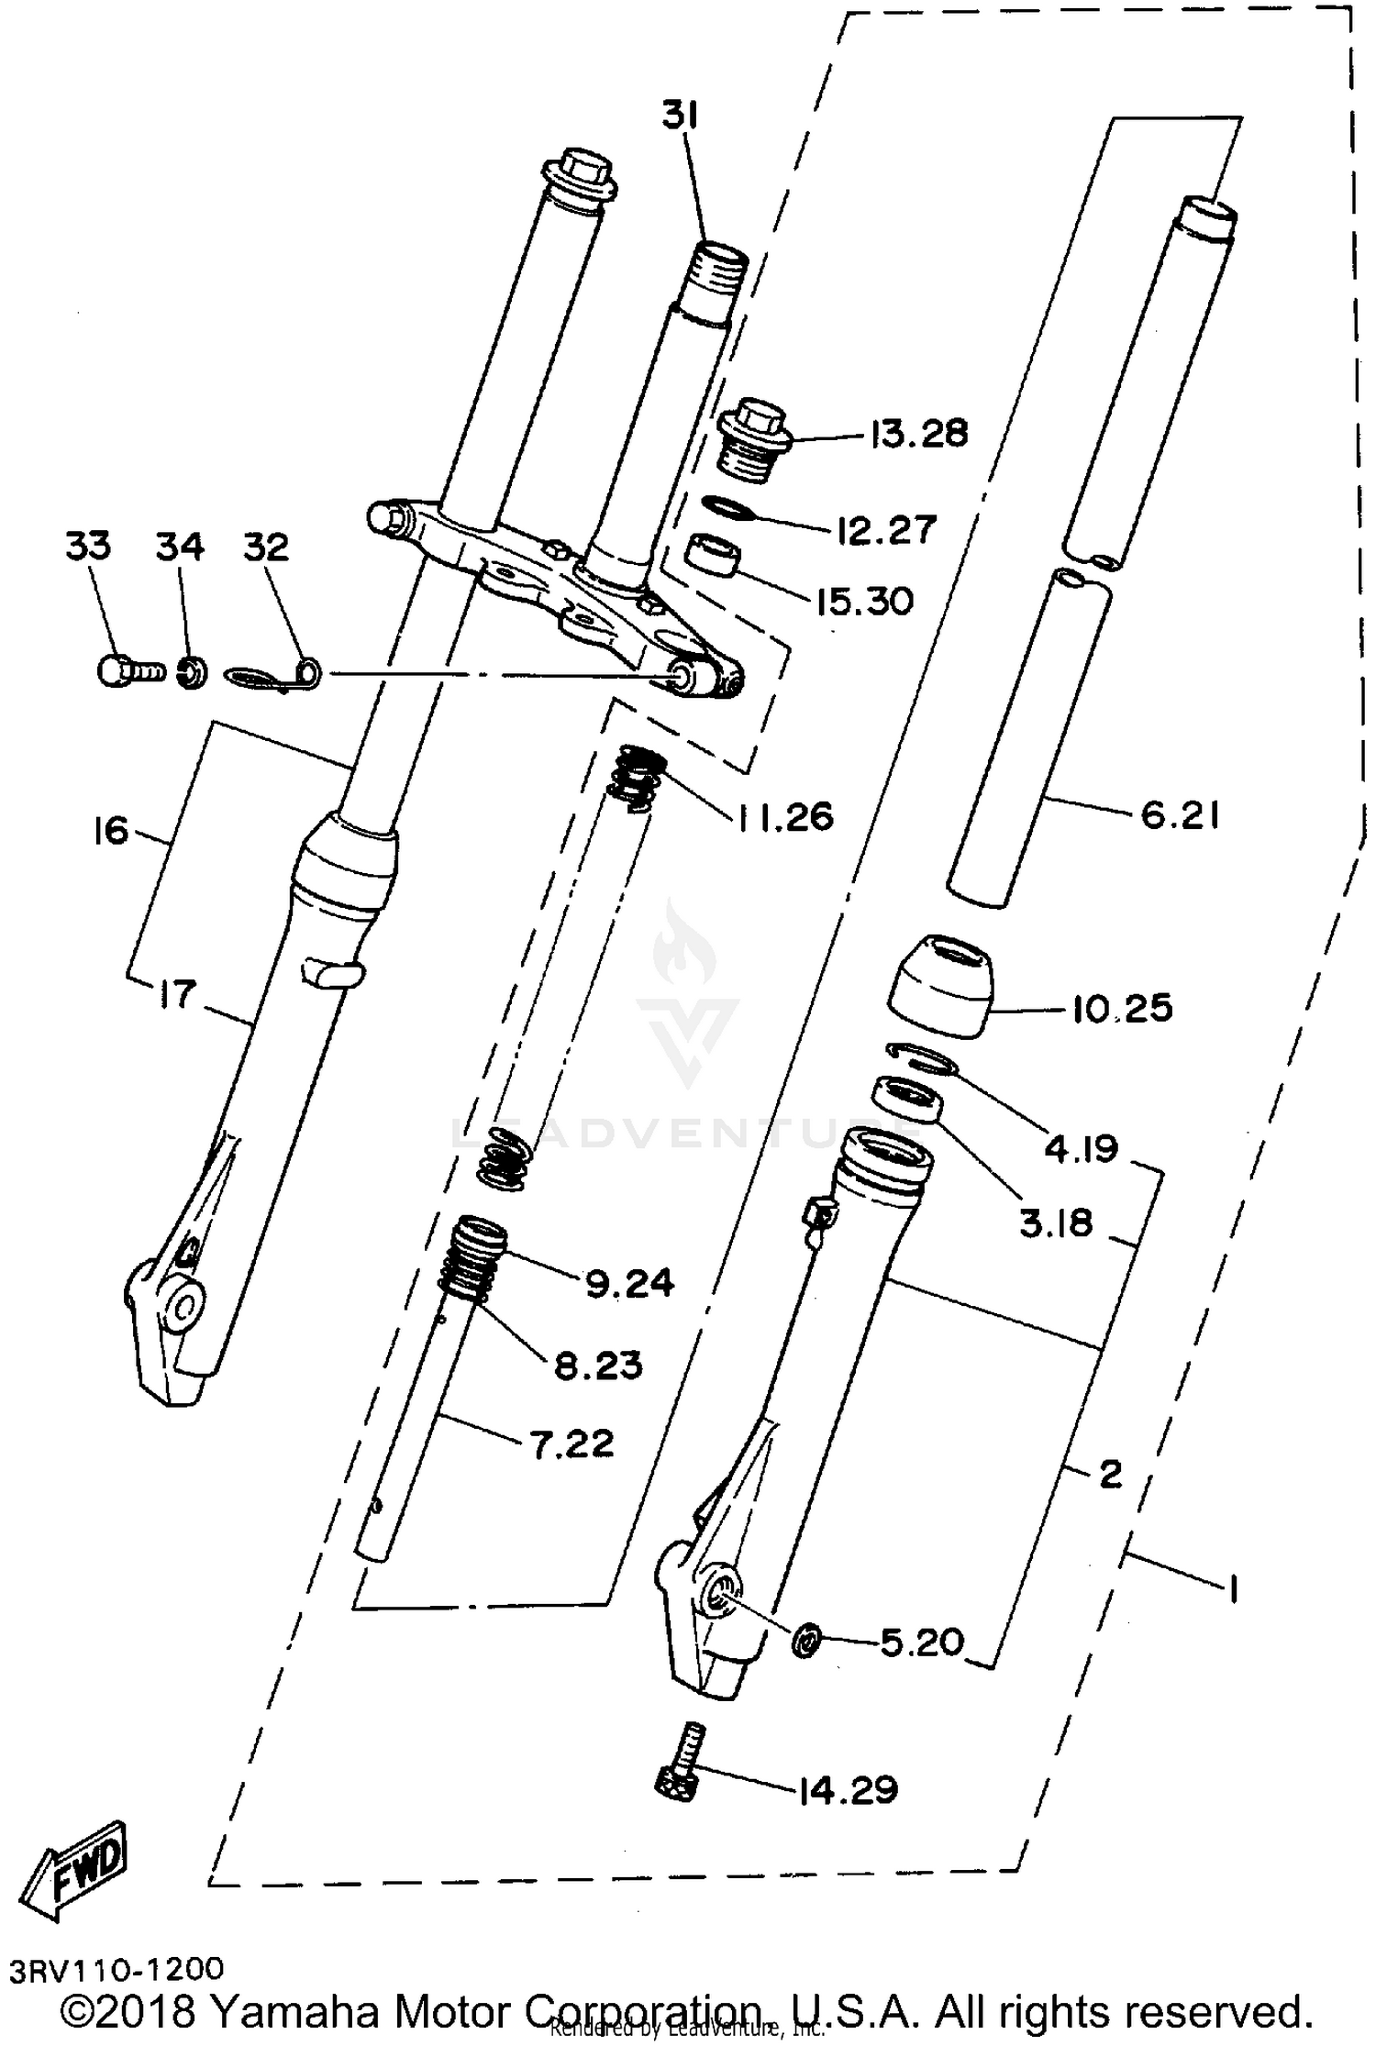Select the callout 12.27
pyautogui.click(x=886, y=530)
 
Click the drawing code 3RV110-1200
pyautogui.click(x=117, y=1969)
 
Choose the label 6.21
pyautogui.click(x=1180, y=814)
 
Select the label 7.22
pyautogui.click(x=571, y=1444)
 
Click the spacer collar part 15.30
pyautogui.click(x=714, y=557)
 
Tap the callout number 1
pyautogui.click(x=1234, y=1587)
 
